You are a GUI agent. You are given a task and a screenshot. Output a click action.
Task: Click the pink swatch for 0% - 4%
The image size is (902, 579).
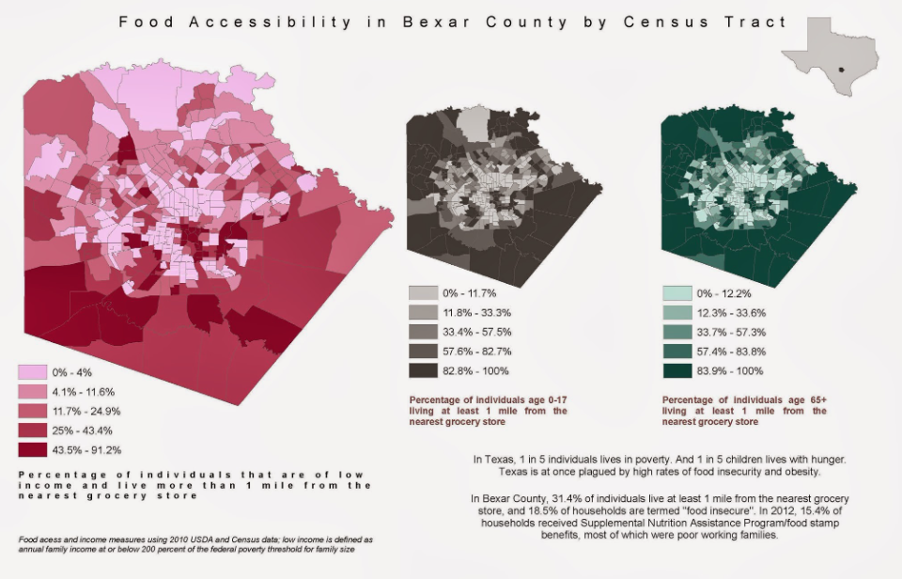(x=32, y=372)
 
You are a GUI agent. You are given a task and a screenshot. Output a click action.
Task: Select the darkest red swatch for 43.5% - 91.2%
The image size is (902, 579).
(x=32, y=449)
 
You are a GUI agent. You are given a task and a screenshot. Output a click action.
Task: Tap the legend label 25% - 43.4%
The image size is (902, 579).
(x=83, y=430)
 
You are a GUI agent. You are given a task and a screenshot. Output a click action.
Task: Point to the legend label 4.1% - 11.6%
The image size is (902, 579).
(x=84, y=392)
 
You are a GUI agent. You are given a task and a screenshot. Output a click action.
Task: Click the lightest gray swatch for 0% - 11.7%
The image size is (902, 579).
(x=424, y=293)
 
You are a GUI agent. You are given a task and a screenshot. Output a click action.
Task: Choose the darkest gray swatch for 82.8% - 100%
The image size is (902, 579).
(x=424, y=370)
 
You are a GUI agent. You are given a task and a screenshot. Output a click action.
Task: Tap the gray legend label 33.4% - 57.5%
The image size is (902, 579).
(x=477, y=332)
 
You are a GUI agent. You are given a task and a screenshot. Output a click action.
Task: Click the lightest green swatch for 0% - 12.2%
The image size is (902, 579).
(x=677, y=293)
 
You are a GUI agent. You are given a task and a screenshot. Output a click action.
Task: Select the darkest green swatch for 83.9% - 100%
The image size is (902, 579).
(x=677, y=371)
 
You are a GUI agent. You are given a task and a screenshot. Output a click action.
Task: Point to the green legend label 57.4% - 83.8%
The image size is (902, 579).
(x=731, y=352)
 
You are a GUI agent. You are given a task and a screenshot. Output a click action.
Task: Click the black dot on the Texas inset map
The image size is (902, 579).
(x=840, y=70)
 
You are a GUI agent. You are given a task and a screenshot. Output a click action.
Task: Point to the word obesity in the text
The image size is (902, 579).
(x=798, y=472)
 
